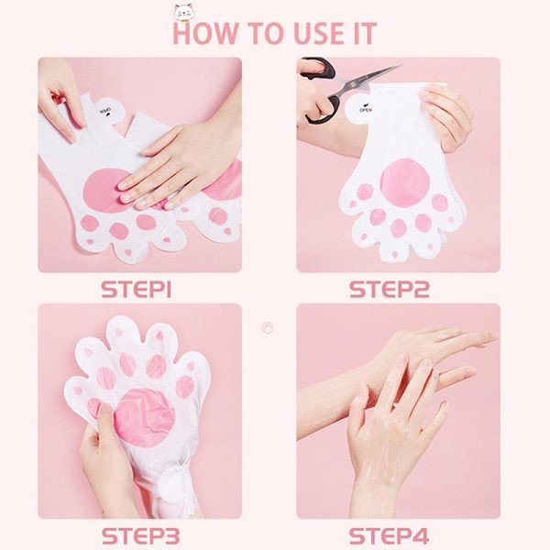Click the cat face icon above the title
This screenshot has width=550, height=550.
click(x=184, y=11)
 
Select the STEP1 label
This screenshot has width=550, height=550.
click(x=137, y=290)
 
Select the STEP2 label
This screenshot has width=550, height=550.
click(x=389, y=290)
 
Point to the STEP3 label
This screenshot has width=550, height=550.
click(x=140, y=536)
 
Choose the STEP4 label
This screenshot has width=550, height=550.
click(x=389, y=536)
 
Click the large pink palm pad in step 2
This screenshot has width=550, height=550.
click(x=405, y=181)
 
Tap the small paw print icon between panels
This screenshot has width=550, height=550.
click(x=268, y=327)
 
